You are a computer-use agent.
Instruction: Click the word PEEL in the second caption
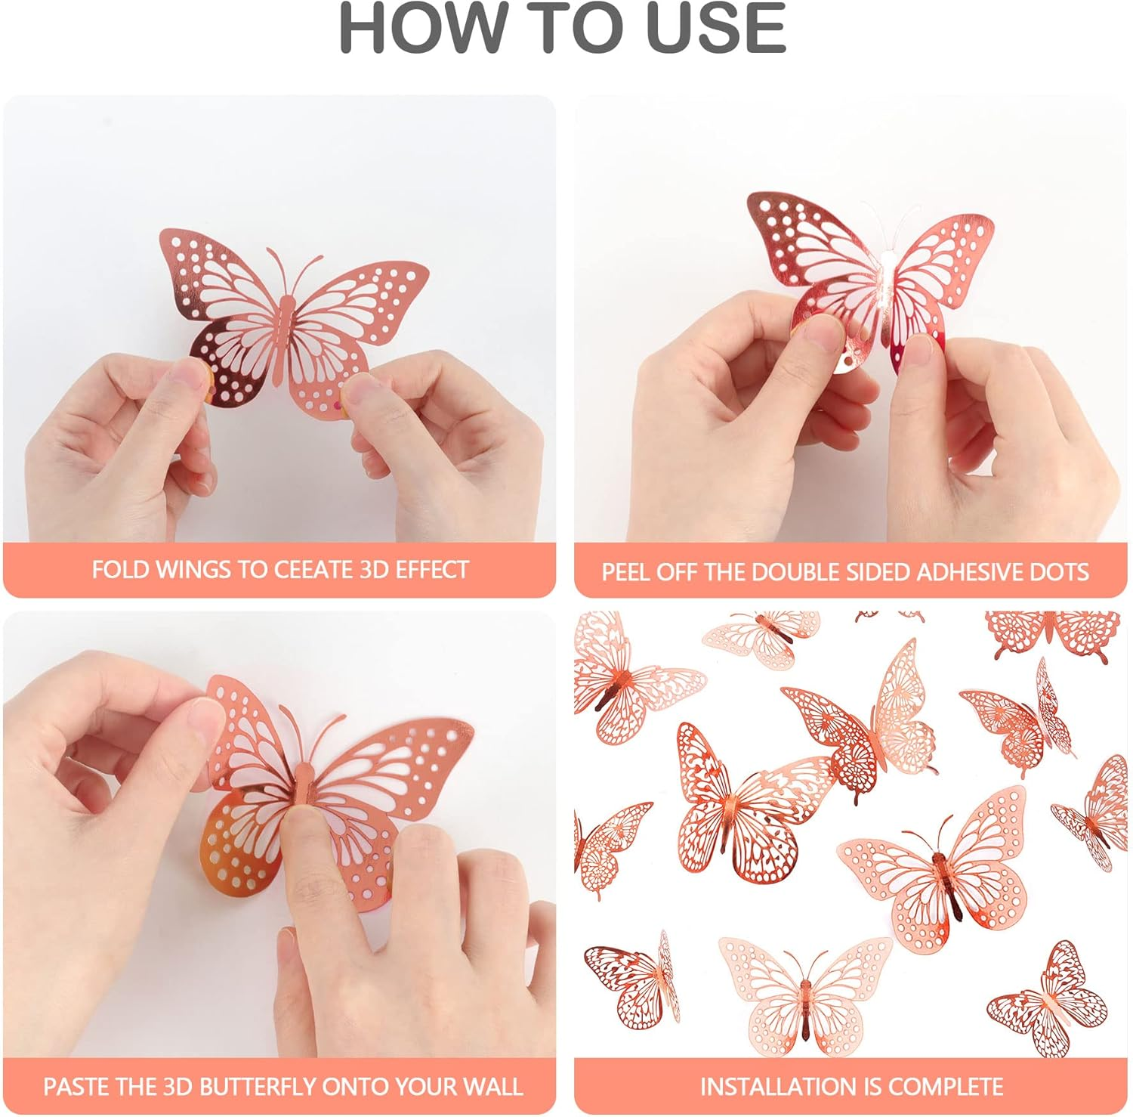point(626,572)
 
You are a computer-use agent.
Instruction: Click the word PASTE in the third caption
point(74,1087)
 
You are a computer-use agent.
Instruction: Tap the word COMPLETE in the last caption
point(946,1087)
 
